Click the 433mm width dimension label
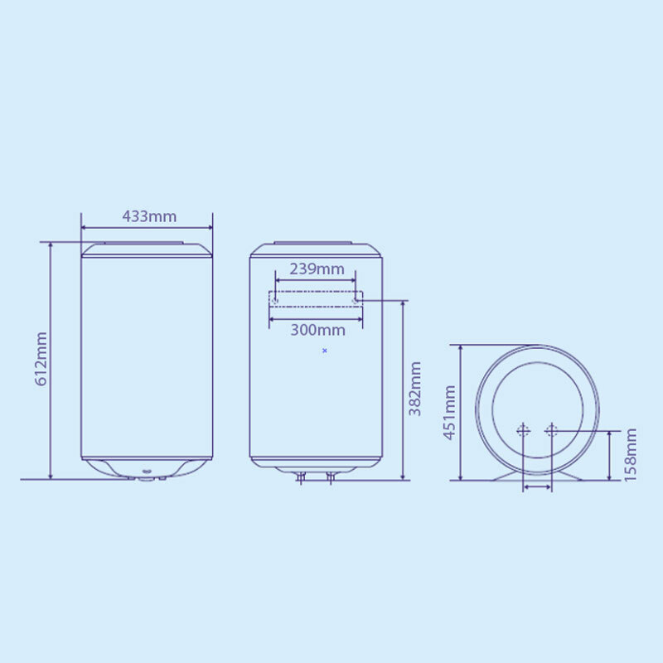[x=149, y=216]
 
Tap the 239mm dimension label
[x=316, y=269]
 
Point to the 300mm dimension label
[x=317, y=330]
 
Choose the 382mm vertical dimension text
[x=415, y=389]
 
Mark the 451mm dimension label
[x=450, y=413]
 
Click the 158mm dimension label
[x=632, y=455]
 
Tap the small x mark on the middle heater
[x=324, y=351]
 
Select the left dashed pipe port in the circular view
[x=523, y=430]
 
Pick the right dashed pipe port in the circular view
[x=551, y=430]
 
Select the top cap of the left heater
[x=147, y=249]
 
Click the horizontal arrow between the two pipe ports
[x=537, y=488]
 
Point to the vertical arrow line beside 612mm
[x=51, y=361]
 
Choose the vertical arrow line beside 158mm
[x=612, y=455]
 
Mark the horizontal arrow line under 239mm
[x=316, y=280]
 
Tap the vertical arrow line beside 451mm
[x=462, y=413]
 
